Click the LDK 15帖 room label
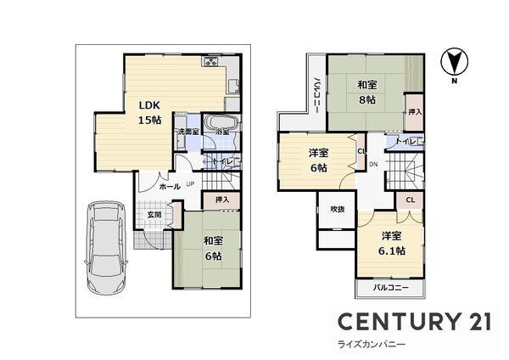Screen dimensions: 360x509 pyautogui.click(x=150, y=112)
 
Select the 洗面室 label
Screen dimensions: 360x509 pyautogui.click(x=187, y=132)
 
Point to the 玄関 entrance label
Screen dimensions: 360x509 pyautogui.click(x=154, y=214)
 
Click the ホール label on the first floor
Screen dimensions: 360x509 pyautogui.click(x=169, y=186)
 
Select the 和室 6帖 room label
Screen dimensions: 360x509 pyautogui.click(x=212, y=247)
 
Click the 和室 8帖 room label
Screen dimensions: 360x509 pyautogui.click(x=367, y=93)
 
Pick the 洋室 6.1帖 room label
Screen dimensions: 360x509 pyautogui.click(x=392, y=243)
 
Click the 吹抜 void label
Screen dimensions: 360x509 pyautogui.click(x=336, y=209)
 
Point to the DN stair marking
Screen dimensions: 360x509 pyautogui.click(x=372, y=164)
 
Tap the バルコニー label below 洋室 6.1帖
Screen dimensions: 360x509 pyautogui.click(x=391, y=289)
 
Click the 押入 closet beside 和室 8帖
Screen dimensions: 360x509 pyautogui.click(x=414, y=111)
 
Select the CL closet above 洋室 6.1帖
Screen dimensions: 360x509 pyautogui.click(x=411, y=200)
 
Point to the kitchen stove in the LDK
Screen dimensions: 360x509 pyautogui.click(x=211, y=63)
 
